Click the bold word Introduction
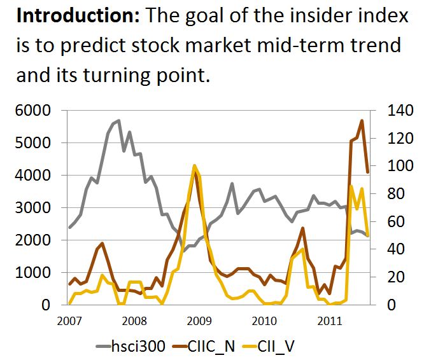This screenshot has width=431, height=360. (x=78, y=16)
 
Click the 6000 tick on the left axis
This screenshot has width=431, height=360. (x=33, y=111)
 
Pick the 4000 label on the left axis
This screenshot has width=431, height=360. (x=33, y=175)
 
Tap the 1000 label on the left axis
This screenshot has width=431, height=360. (x=33, y=272)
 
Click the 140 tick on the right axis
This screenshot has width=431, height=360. (x=400, y=111)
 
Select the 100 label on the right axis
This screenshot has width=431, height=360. (x=400, y=166)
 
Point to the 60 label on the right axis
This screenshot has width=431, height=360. (x=396, y=221)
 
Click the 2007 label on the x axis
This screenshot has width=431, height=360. (x=69, y=321)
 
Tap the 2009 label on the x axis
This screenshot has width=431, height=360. (x=199, y=321)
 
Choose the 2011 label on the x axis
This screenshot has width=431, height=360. (x=330, y=321)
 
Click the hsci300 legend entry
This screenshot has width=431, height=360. (x=131, y=346)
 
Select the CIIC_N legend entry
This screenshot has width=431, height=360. (x=204, y=346)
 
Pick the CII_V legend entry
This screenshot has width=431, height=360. (x=268, y=346)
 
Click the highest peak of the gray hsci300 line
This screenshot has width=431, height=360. (x=119, y=120)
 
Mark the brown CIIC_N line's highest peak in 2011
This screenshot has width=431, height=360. (x=362, y=121)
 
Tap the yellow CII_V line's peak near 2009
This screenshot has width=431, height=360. (x=194, y=165)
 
